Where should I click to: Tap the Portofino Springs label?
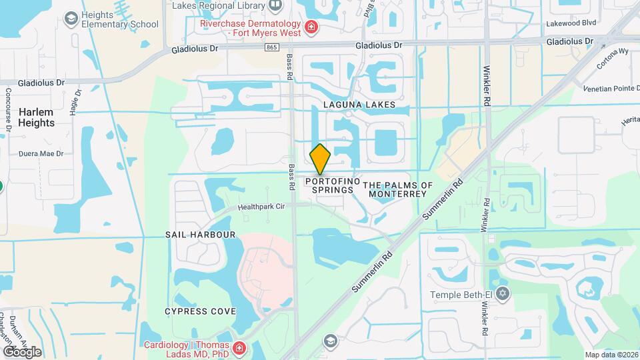333,185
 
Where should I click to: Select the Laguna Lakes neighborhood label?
359,105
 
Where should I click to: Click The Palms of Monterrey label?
398,189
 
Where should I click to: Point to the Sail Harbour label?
201,235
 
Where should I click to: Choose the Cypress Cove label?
200,311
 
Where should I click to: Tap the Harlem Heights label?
37,117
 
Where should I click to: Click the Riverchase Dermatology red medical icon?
311,27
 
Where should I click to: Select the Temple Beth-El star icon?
503,293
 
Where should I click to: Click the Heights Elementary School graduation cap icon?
71,18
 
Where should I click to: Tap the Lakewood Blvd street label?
569,22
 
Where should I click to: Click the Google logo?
22,351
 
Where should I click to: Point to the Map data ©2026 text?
611,354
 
